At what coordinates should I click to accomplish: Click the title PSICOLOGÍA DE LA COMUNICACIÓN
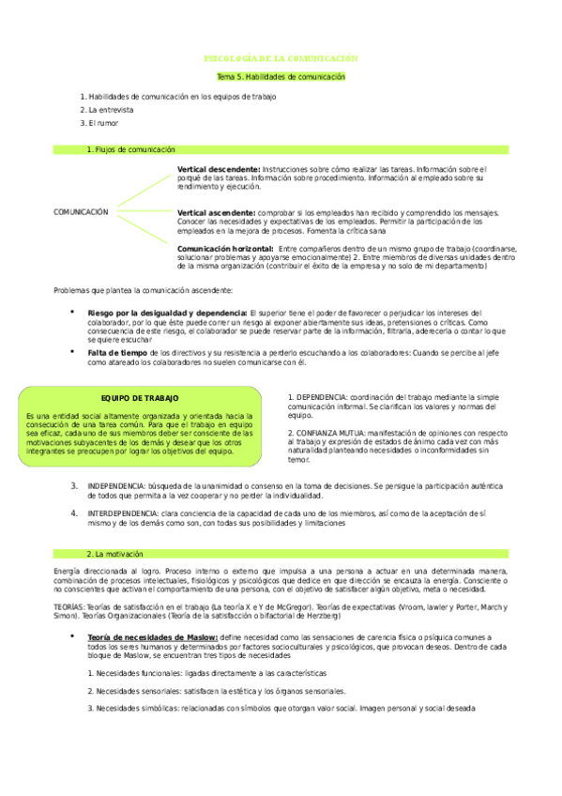[x=281, y=58]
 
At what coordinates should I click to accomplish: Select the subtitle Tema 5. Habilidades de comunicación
[x=281, y=76]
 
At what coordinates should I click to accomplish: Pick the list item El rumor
[x=103, y=122]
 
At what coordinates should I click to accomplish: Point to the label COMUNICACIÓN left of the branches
[x=81, y=212]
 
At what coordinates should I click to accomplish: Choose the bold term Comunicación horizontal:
[x=224, y=248]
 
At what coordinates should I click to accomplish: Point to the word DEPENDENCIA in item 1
[x=324, y=396]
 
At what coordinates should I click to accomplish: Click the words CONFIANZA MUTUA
[x=329, y=433]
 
